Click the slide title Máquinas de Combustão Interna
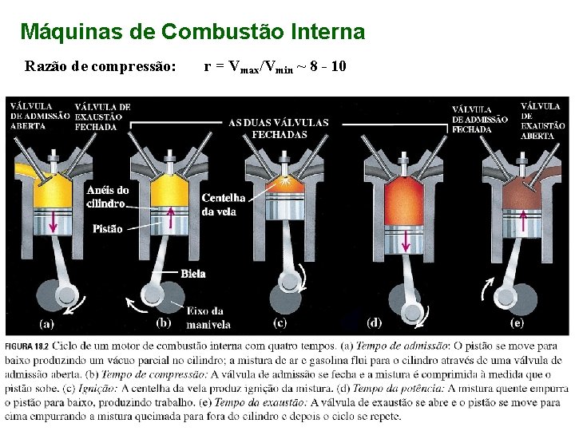pyautogui.click(x=192, y=32)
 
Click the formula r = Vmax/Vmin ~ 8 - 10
pyautogui.click(x=275, y=66)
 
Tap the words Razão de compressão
pyautogui.click(x=101, y=66)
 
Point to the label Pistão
pyautogui.click(x=108, y=229)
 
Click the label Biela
pyautogui.click(x=193, y=274)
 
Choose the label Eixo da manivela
pyautogui.click(x=208, y=318)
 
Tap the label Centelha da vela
pyautogui.click(x=219, y=204)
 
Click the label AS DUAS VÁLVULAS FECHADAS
pyautogui.click(x=279, y=128)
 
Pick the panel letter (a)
pyautogui.click(x=47, y=323)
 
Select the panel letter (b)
pyautogui.click(x=163, y=323)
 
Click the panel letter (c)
pyautogui.click(x=280, y=323)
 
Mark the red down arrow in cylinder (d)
pyautogui.click(x=406, y=240)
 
